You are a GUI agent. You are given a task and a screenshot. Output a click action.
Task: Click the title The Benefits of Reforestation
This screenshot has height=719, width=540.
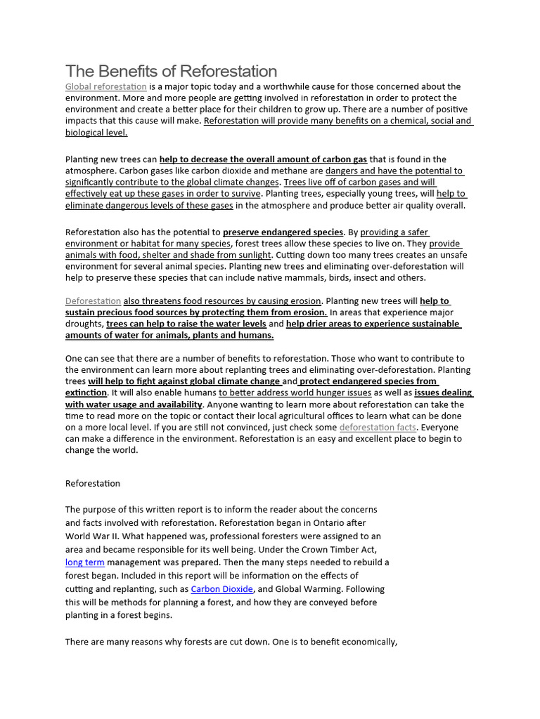[171, 71]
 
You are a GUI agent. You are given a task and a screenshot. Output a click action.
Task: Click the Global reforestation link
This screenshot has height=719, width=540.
[106, 86]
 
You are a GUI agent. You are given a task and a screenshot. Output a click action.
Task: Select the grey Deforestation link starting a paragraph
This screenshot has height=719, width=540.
[94, 301]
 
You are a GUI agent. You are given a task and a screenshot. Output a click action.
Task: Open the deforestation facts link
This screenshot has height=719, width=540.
[378, 427]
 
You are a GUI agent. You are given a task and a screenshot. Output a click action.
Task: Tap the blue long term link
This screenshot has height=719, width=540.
[85, 562]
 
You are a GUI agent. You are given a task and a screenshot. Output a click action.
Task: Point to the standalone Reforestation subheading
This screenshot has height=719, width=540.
[93, 483]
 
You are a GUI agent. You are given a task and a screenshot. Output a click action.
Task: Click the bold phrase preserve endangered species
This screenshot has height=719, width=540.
[283, 232]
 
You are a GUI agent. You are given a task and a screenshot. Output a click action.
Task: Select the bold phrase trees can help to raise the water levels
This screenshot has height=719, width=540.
[186, 324]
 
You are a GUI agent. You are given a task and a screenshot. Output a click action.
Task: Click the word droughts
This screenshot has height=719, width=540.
[84, 324]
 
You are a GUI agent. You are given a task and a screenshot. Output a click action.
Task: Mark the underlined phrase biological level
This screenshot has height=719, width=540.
[96, 132]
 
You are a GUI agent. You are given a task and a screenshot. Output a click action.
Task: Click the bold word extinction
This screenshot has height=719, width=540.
[86, 393]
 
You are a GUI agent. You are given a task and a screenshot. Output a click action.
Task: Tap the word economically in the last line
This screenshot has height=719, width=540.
[367, 642]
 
